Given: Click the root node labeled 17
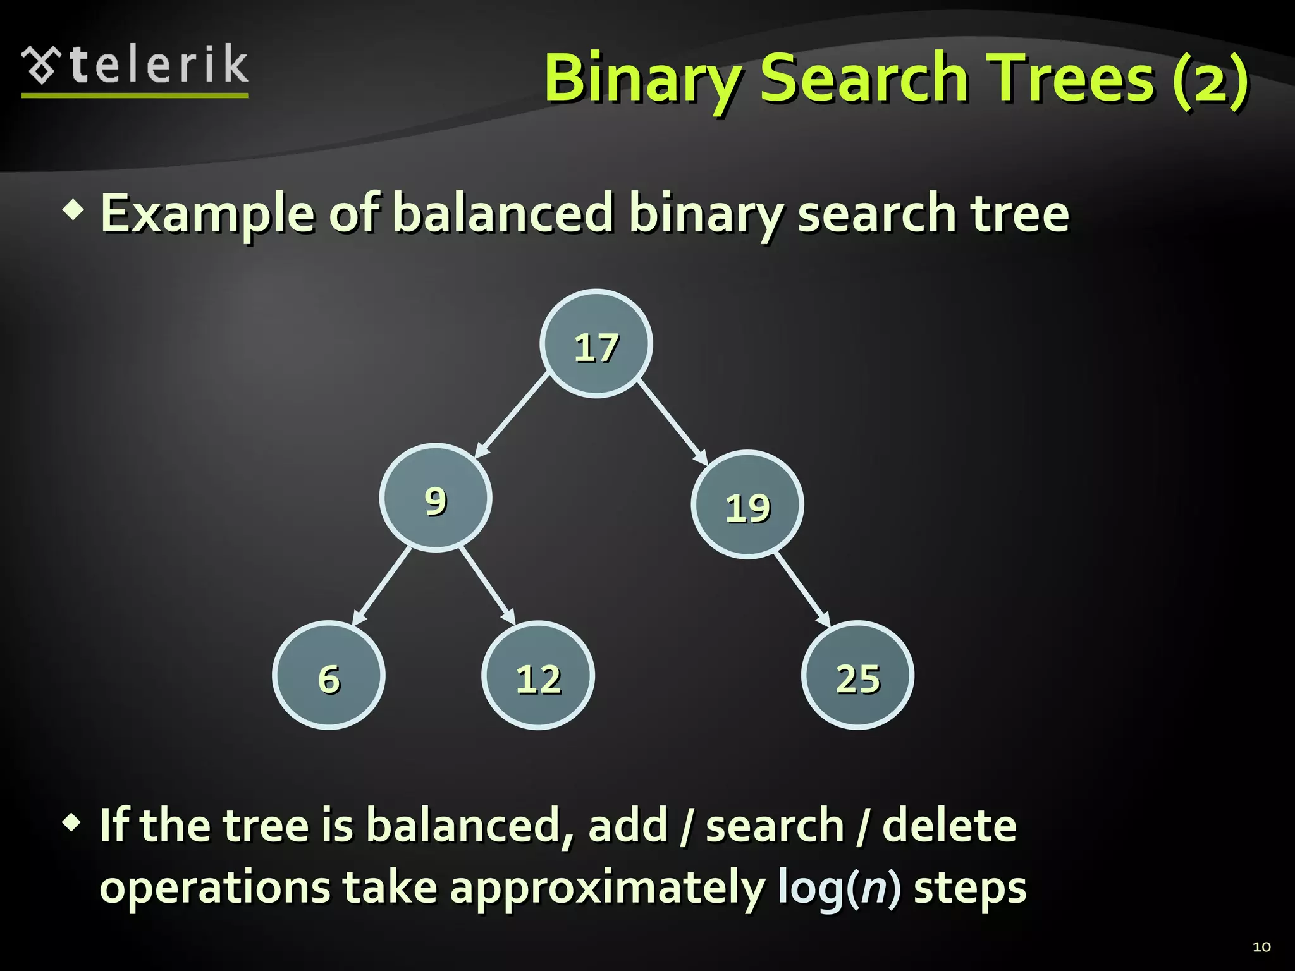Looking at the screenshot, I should tap(596, 344).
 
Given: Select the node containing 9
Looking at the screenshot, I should tap(436, 498).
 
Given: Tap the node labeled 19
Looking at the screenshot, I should tap(747, 504).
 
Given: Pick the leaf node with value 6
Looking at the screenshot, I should tap(329, 675).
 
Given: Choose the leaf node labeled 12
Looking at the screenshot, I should tap(538, 675).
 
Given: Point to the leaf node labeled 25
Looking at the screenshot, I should tap(857, 675).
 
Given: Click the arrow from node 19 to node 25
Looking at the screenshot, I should tap(802, 589).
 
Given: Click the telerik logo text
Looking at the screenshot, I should tap(158, 65).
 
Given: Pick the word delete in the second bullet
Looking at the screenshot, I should tap(948, 826).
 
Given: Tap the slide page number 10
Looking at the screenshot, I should tap(1261, 947).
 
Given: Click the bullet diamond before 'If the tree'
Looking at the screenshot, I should tap(72, 823).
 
